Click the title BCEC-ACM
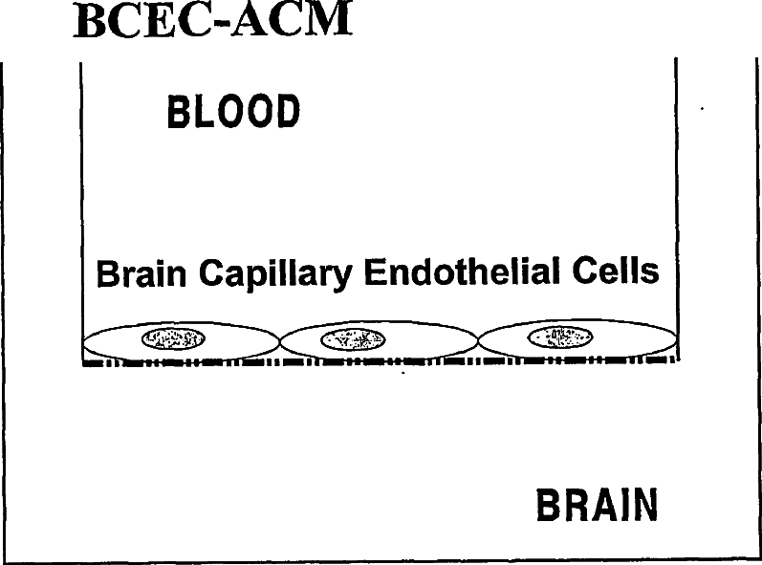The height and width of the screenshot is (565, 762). point(212,22)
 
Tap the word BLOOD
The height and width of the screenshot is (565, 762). point(233,113)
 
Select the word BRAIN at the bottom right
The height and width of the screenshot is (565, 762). point(597,507)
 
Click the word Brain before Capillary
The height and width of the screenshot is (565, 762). point(144,275)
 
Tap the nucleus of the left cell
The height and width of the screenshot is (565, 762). point(173,337)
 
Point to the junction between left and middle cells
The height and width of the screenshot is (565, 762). point(280,341)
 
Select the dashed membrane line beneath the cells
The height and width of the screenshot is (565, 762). point(382,362)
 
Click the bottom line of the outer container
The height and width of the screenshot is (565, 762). point(382,560)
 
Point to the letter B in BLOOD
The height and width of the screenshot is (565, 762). point(177,113)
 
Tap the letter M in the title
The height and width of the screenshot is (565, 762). point(328,22)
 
